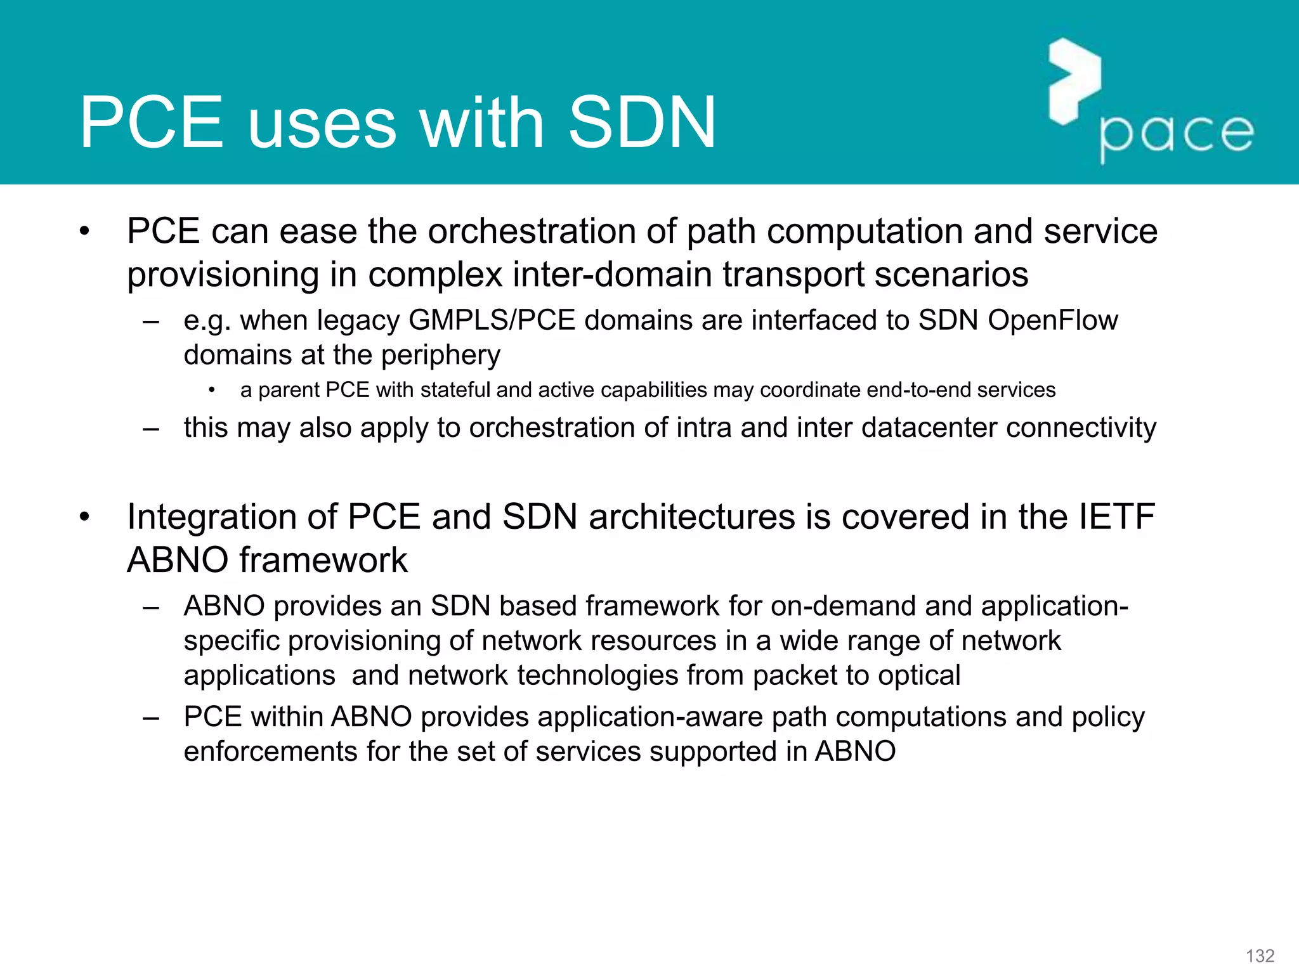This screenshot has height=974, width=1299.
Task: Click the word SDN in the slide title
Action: click(642, 122)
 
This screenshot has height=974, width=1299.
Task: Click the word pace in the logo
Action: click(1177, 134)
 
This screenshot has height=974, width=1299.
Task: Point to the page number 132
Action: click(1260, 956)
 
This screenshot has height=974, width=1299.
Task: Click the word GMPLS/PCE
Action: click(492, 320)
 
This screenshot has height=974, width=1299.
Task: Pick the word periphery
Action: click(440, 355)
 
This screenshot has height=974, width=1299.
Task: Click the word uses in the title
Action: click(322, 122)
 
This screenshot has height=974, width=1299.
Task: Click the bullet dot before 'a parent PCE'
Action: click(212, 390)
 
